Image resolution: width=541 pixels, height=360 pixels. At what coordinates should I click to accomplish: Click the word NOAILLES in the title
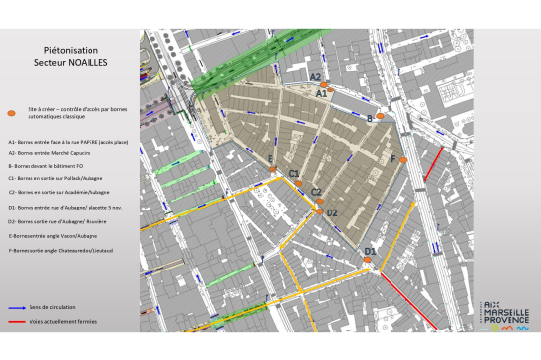[88, 61]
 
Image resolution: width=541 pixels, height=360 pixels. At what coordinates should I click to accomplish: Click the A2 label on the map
[315, 76]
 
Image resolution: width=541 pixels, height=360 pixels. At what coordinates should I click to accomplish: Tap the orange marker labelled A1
[331, 89]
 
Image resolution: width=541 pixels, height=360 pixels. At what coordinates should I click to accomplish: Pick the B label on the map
[369, 117]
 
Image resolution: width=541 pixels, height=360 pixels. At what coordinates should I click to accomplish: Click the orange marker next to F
[403, 160]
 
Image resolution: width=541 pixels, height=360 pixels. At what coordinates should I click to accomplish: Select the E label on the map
[270, 158]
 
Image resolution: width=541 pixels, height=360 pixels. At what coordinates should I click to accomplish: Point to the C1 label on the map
[293, 174]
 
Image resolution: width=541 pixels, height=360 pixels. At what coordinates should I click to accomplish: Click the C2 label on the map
[316, 192]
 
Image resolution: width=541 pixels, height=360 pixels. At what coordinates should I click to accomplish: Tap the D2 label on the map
[331, 212]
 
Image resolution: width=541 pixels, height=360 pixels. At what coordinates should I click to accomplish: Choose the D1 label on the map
[370, 251]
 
